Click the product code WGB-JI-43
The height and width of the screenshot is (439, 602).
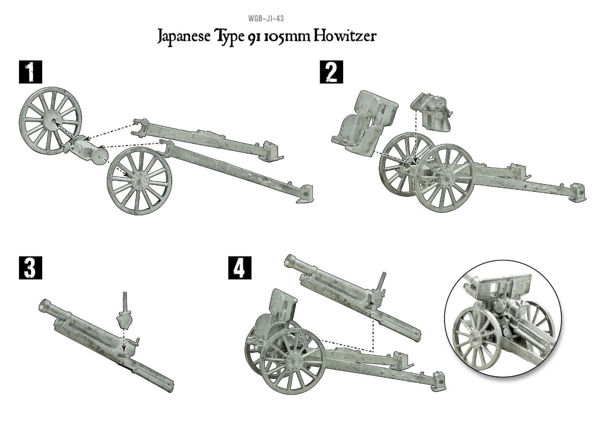[266, 19]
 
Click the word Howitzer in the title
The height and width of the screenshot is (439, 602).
[345, 36]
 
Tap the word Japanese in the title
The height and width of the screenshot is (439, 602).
[184, 37]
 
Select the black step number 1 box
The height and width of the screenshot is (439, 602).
[31, 72]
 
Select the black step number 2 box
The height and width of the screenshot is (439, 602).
[332, 72]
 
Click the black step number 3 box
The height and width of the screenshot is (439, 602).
[31, 268]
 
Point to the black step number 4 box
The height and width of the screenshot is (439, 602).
[240, 268]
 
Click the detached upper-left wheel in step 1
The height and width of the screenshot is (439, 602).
[50, 121]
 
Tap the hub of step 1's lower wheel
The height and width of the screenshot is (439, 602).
[139, 179]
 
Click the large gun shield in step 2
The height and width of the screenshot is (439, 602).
[364, 123]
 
